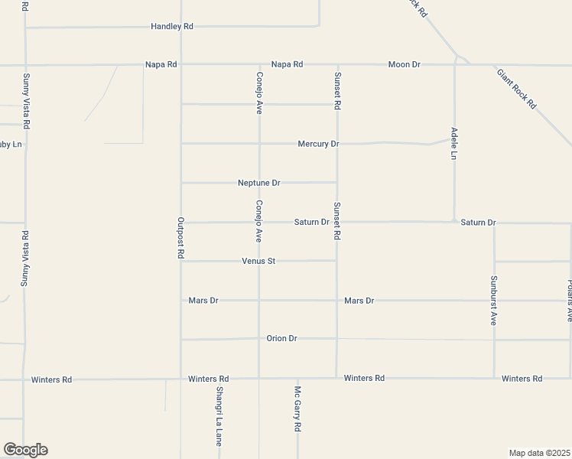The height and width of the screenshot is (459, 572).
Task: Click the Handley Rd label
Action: [x=172, y=26]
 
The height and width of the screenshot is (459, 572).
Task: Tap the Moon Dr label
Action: [x=405, y=64]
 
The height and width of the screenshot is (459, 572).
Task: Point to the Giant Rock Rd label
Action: [x=517, y=89]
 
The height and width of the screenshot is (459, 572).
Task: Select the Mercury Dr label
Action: [x=318, y=144]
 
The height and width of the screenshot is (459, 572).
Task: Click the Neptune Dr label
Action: [x=259, y=183]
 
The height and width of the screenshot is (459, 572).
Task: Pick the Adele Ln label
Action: [x=453, y=143]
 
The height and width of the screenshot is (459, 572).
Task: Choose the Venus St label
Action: [x=258, y=261]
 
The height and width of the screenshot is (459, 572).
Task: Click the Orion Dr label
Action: [x=281, y=338]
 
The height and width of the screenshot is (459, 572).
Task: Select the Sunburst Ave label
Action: [x=494, y=300]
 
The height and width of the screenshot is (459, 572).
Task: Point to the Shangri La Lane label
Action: [x=219, y=416]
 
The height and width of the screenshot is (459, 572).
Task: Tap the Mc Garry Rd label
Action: [x=297, y=410]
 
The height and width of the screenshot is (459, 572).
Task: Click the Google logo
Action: [x=25, y=450]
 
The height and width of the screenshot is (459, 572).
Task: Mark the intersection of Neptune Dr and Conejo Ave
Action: [x=259, y=183]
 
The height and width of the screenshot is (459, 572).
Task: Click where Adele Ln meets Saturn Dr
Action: [x=455, y=222]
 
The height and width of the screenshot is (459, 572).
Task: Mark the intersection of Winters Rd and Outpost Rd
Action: [x=180, y=378]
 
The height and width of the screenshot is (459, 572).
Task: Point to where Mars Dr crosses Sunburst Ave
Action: [x=494, y=301]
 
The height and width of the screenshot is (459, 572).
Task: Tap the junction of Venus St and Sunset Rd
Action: [x=336, y=261]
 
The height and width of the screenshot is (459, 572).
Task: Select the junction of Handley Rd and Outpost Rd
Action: [x=180, y=27]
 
